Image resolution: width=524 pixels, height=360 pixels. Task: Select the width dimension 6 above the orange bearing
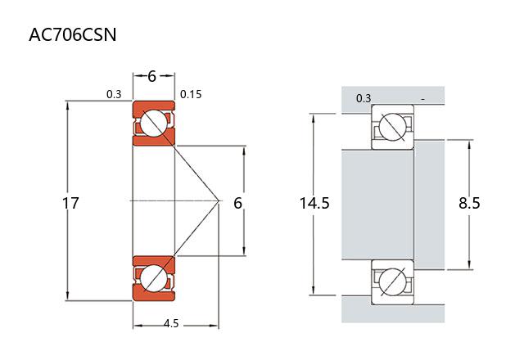152,76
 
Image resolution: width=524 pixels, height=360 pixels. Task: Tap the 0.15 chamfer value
191,95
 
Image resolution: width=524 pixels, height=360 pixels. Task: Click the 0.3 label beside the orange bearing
114,95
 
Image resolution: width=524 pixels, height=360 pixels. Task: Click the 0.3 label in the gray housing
364,99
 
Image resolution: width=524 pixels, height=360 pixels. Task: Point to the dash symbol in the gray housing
422,99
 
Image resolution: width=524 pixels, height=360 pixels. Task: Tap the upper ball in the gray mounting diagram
392,128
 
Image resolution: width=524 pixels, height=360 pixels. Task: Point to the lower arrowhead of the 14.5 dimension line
314,292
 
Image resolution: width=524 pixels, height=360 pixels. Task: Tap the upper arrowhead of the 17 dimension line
68,103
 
